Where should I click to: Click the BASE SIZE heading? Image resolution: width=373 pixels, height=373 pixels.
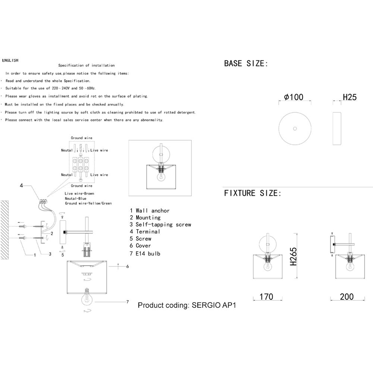[x=246, y=63]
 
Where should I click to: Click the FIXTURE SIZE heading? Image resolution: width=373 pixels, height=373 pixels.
[x=253, y=193]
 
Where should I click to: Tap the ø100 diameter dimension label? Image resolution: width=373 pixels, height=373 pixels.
[x=294, y=97]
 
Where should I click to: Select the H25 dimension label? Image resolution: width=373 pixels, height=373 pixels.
[x=350, y=97]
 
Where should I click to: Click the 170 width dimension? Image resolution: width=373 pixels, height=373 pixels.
[x=266, y=297]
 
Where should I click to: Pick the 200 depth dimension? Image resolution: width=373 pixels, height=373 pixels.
[x=347, y=297]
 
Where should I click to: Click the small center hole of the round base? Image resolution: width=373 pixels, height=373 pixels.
[x=295, y=129]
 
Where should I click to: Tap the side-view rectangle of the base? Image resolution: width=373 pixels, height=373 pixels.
[x=337, y=128]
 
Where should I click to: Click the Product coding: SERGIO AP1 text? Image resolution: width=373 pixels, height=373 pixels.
[x=187, y=305]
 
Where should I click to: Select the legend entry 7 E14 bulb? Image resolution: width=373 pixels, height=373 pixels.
[x=145, y=254]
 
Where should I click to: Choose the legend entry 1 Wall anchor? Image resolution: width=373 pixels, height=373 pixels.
[x=150, y=210]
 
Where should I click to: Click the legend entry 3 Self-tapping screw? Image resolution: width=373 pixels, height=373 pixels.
[x=160, y=225]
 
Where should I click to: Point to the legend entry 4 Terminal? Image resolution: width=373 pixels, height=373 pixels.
[x=145, y=232]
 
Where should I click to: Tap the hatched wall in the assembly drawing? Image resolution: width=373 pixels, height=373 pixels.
[x=4, y=230]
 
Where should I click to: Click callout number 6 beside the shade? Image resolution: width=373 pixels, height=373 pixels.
[x=128, y=266]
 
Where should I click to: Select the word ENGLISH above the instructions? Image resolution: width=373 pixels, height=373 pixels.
[x=10, y=60]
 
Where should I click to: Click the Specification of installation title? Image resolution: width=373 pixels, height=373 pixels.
[x=87, y=65]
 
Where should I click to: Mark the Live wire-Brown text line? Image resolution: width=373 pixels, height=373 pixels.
[x=79, y=193]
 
